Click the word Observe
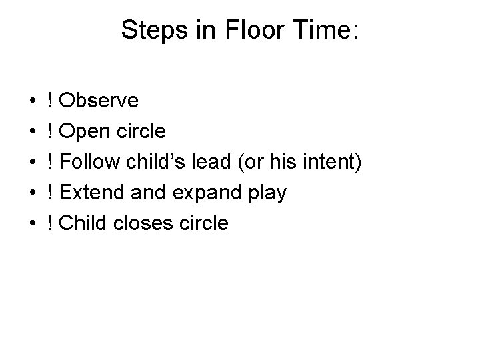[99, 101]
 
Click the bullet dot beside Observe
[33, 101]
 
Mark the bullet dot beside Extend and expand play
[33, 193]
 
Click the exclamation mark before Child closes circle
[51, 223]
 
